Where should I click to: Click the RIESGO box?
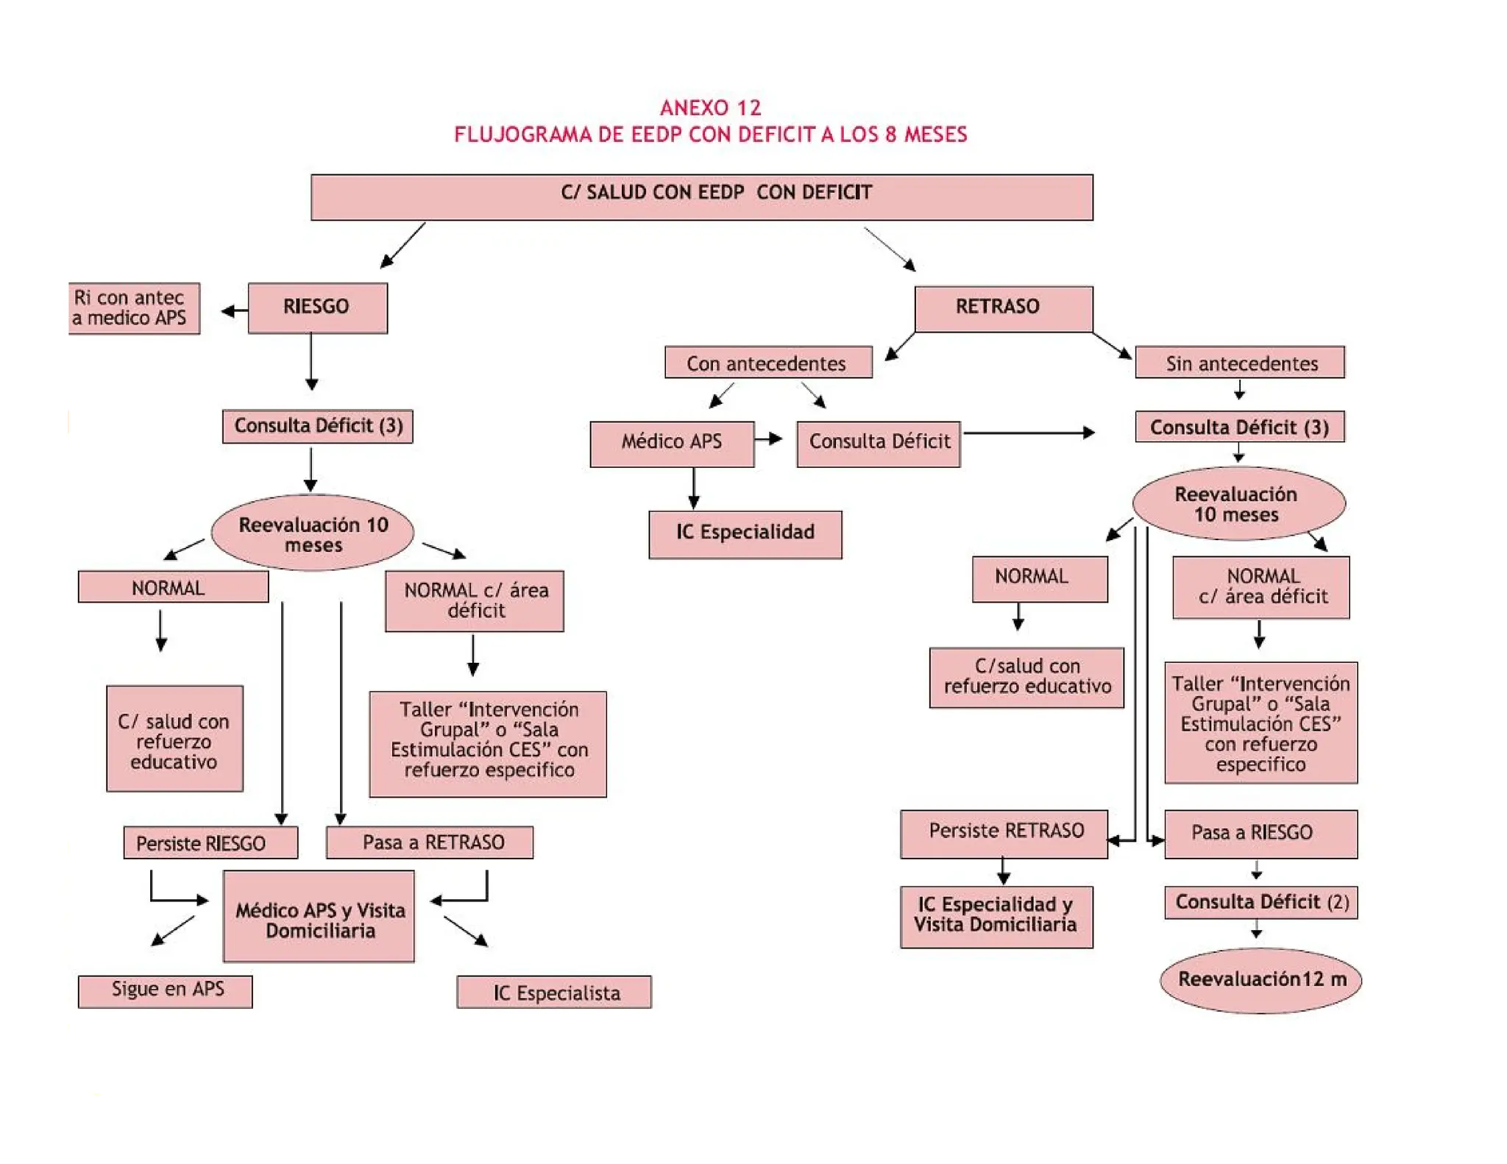317,308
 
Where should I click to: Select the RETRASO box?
1003,308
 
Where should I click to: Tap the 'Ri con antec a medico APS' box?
133,308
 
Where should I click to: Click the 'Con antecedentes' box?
767,362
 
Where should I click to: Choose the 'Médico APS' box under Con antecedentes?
671,443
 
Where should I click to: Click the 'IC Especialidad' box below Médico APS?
745,534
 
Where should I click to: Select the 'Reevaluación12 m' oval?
1260,980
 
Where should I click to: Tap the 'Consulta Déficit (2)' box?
1260,903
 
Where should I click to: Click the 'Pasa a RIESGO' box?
1260,834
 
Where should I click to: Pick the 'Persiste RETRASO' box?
1004,834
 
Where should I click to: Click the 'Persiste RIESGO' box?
210,842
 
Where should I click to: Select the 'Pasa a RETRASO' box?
430,842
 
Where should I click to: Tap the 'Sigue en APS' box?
166,991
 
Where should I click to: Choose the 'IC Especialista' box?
554,992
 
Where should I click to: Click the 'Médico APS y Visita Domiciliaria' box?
319,916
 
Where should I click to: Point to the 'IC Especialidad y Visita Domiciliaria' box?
996,917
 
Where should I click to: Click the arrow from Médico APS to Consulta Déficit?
769,439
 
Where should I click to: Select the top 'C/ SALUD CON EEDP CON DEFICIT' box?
701,196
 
